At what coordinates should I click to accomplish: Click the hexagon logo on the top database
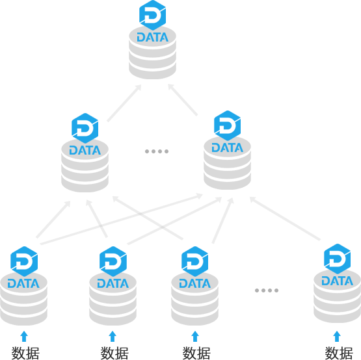click(153, 16)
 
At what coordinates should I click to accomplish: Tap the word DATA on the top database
click(153, 37)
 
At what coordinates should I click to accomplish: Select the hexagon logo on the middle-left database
click(85, 129)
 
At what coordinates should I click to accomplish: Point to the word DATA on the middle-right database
click(227, 148)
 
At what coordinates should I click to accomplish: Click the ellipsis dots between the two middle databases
click(157, 151)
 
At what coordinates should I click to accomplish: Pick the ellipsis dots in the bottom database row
click(267, 290)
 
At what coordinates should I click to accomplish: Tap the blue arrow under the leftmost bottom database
click(24, 337)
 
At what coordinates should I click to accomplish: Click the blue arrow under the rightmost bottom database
click(337, 337)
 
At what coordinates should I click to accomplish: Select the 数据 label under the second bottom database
click(114, 353)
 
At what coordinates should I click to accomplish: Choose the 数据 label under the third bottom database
click(196, 353)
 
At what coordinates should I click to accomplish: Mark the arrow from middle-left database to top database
click(124, 103)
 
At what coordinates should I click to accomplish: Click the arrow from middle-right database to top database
click(183, 100)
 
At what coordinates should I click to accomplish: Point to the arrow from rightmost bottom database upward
click(285, 218)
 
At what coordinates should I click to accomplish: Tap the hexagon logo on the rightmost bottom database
click(338, 259)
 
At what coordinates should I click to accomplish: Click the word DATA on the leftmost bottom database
click(23, 283)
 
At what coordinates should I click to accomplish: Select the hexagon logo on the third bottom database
click(194, 261)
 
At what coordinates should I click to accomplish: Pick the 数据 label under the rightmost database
click(339, 353)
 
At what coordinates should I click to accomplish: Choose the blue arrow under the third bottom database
click(195, 337)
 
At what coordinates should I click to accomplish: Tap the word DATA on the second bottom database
click(113, 283)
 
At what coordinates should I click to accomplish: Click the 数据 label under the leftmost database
click(25, 353)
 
